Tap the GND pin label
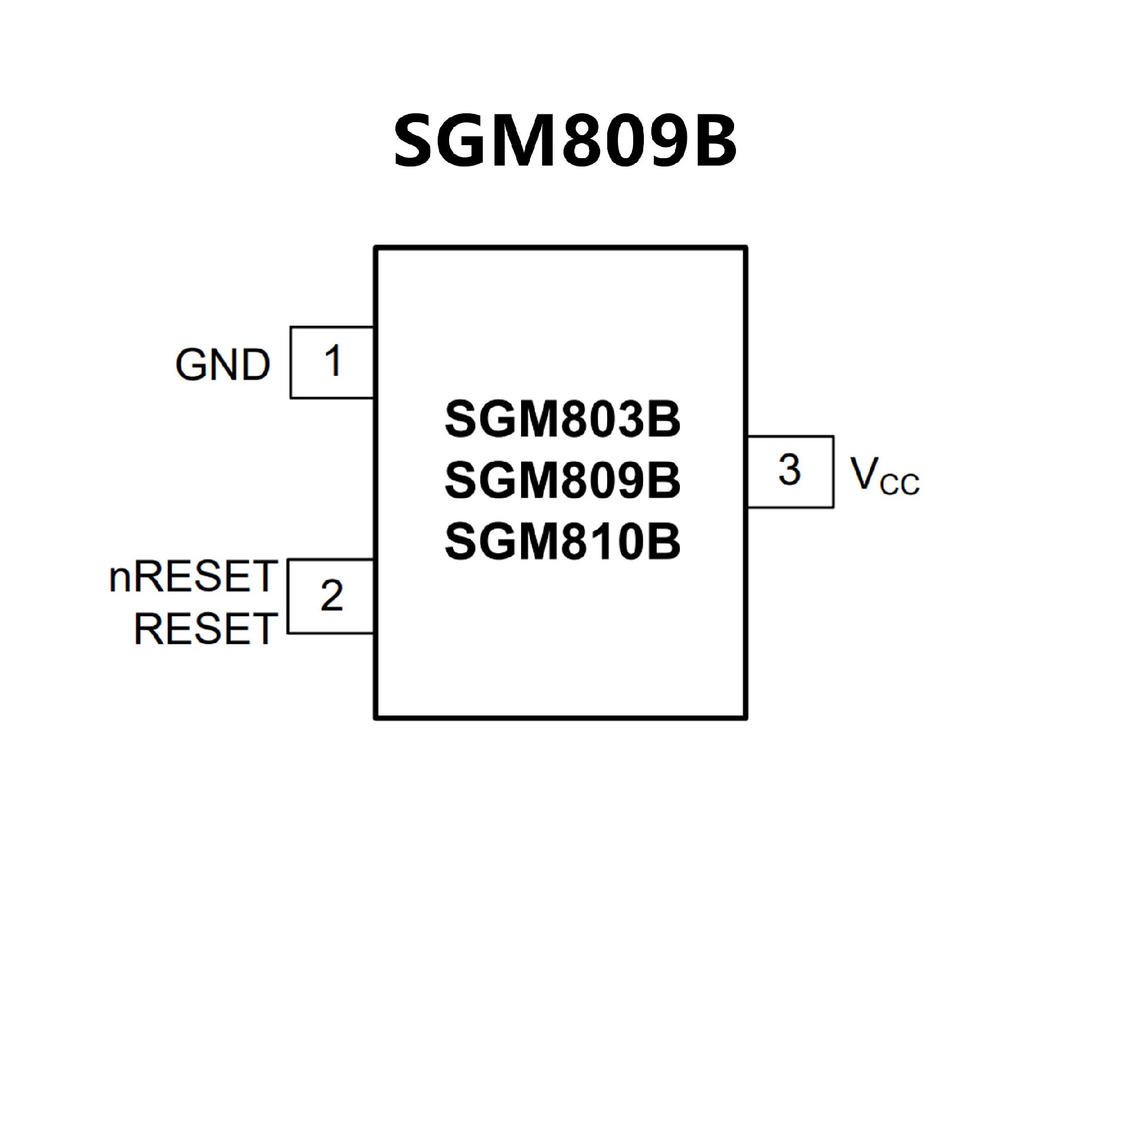point(223,365)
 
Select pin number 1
point(333,361)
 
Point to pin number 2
point(332,595)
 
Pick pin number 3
point(790,470)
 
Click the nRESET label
point(194,577)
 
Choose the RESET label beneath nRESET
point(206,629)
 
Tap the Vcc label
point(884,475)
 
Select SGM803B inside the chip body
point(562,420)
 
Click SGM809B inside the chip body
point(562,480)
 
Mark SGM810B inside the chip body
point(562,541)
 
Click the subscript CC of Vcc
point(899,484)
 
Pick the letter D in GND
point(256,365)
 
